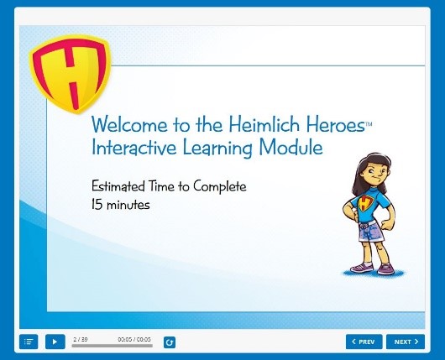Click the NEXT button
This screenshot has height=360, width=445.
pos(406,342)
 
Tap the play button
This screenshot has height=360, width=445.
pos(55,342)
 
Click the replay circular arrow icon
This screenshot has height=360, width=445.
pos(170,342)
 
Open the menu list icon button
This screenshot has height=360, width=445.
pos(29,342)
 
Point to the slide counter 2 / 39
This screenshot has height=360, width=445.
pos(81,339)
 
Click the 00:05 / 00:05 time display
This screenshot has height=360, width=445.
pos(134,339)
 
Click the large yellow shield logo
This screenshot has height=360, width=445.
pos(70,74)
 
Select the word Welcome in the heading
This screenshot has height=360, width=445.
pos(129,124)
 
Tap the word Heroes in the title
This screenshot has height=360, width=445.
pos(335,125)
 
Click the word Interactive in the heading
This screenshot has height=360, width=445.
pos(133,148)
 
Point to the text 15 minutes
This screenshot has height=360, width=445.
pos(121,204)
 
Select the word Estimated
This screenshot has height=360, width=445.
pos(118,186)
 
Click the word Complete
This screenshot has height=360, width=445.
pos(220,186)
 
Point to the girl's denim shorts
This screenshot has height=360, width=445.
pos(370,232)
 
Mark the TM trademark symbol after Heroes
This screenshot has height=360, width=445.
pos(369,124)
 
